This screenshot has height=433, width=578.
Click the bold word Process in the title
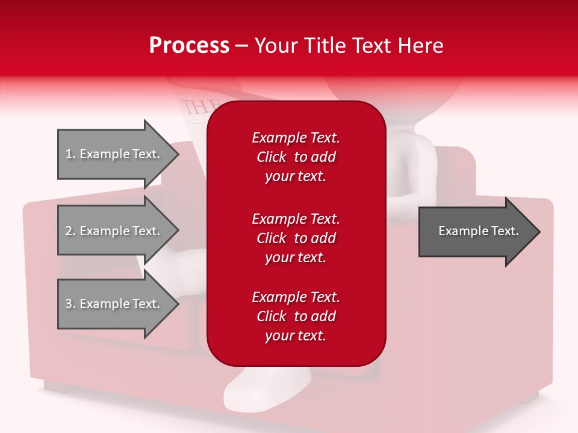point(189,46)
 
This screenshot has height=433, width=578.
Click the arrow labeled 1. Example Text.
point(114,154)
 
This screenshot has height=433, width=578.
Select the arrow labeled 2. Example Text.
point(114,231)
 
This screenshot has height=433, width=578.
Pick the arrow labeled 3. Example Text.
point(114,304)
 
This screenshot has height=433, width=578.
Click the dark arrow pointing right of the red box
point(476,232)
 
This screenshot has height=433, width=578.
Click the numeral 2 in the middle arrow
point(69,231)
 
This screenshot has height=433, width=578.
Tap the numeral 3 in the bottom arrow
point(69,304)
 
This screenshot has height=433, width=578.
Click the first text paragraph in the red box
point(296,157)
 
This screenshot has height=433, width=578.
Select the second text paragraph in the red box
point(296,238)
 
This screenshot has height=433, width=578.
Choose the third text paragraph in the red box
point(296,316)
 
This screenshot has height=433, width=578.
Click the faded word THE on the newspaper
point(194,107)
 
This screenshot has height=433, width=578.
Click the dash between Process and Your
point(241,46)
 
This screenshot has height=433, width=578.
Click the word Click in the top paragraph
point(271,157)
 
